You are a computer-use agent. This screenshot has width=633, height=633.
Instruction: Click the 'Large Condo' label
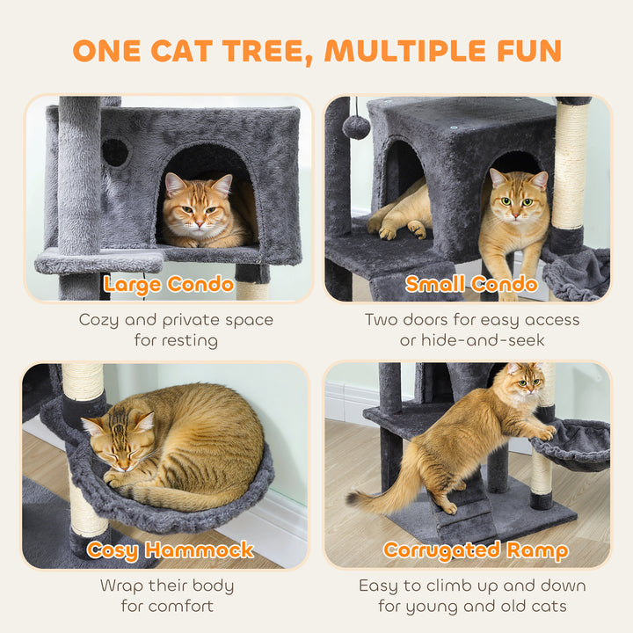(168, 284)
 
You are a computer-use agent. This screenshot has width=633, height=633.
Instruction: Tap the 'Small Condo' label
(471, 284)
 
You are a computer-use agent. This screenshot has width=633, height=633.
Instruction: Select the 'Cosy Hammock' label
(171, 550)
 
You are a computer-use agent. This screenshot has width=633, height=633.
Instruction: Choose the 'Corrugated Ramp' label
(475, 550)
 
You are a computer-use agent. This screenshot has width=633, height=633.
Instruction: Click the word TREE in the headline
(265, 50)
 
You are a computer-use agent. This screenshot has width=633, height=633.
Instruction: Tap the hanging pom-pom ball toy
(356, 127)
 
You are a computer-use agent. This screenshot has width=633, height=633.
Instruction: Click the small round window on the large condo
(115, 152)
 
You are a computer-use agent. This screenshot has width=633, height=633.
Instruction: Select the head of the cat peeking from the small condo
(518, 199)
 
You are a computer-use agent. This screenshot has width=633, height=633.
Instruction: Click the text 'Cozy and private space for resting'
(176, 330)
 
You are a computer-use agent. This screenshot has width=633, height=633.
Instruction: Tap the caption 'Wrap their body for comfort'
(167, 595)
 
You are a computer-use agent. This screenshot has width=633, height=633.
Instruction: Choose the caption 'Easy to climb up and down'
(472, 586)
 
